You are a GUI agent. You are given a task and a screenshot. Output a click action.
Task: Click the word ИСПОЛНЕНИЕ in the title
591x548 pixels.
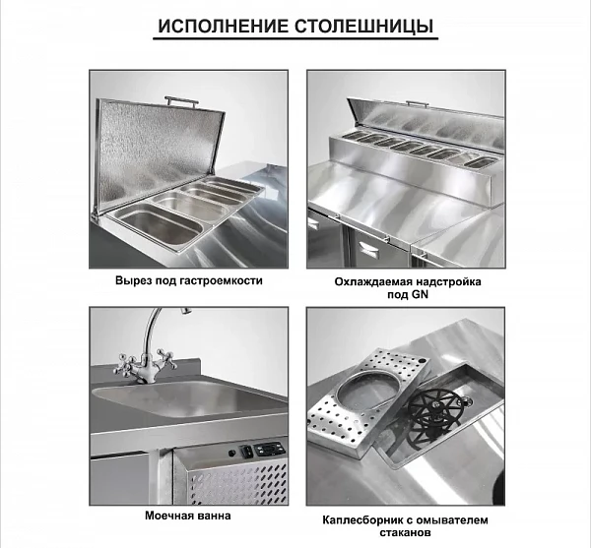pyautogui.click(x=224, y=27)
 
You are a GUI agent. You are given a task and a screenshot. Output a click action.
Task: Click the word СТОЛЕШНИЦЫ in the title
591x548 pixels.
pyautogui.click(x=363, y=27)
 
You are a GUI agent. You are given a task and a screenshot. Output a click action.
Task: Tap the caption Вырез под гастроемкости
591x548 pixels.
pyautogui.click(x=189, y=280)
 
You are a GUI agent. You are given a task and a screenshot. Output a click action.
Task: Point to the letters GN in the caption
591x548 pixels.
pyautogui.click(x=420, y=294)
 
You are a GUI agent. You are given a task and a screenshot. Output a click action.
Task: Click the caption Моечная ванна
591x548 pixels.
pyautogui.click(x=188, y=516)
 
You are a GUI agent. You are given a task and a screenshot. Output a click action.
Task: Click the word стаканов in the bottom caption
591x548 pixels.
pyautogui.click(x=405, y=532)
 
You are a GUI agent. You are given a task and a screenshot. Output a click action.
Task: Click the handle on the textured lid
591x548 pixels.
pyautogui.click(x=181, y=101)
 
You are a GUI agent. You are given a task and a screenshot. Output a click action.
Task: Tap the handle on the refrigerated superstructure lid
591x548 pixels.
pyautogui.click(x=417, y=104)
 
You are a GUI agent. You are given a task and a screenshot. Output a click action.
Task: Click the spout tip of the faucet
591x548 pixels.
pyautogui.click(x=185, y=310)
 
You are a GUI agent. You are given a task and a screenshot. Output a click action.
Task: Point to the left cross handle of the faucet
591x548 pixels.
pyautogui.click(x=124, y=364)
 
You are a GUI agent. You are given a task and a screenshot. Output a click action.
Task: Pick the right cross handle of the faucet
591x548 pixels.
pyautogui.click(x=165, y=358)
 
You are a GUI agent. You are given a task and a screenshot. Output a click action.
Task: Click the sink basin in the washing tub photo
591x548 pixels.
pyautogui.click(x=188, y=398)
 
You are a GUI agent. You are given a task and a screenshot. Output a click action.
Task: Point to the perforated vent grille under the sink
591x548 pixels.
pyautogui.click(x=238, y=484)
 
